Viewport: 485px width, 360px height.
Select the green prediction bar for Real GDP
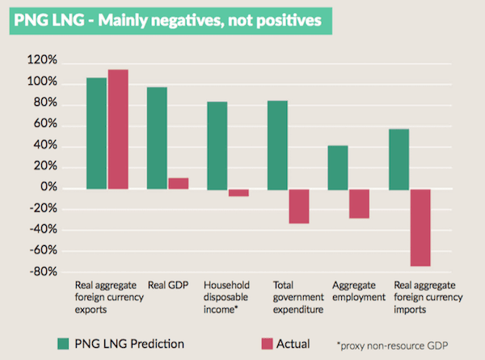pyautogui.click(x=157, y=138)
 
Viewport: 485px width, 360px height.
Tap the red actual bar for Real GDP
pyautogui.click(x=178, y=183)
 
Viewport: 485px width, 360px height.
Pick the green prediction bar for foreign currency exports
pyautogui.click(x=96, y=133)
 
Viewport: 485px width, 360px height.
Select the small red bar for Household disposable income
pyautogui.click(x=238, y=193)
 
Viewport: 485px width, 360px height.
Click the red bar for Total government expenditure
pyautogui.click(x=299, y=206)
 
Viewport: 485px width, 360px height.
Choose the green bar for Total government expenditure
pyautogui.click(x=277, y=145)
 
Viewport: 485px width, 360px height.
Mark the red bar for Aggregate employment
pyautogui.click(x=360, y=203)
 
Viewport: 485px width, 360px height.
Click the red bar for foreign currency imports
pyautogui.click(x=420, y=227)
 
